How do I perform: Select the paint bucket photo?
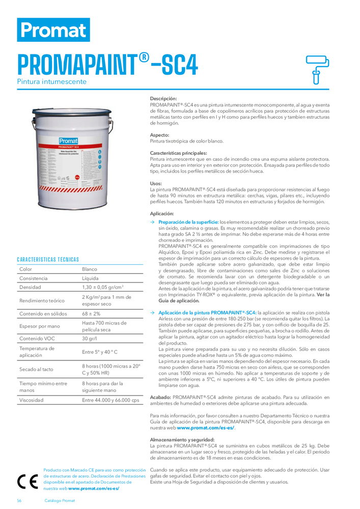[77, 159]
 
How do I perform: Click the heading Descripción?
[163, 98]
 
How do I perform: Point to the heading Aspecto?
[159, 135]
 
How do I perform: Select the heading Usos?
[156, 183]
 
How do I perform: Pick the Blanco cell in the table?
[90, 269]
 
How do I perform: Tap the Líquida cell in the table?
[91, 278]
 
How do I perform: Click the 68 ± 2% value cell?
[91, 314]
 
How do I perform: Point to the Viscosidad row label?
[31, 400]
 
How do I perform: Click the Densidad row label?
[31, 288]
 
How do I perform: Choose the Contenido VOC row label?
[37, 338]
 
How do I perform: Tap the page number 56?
[19, 500]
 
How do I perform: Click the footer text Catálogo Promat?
[60, 500]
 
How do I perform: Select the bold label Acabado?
[160, 397]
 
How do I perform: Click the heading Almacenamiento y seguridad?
[182, 439]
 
